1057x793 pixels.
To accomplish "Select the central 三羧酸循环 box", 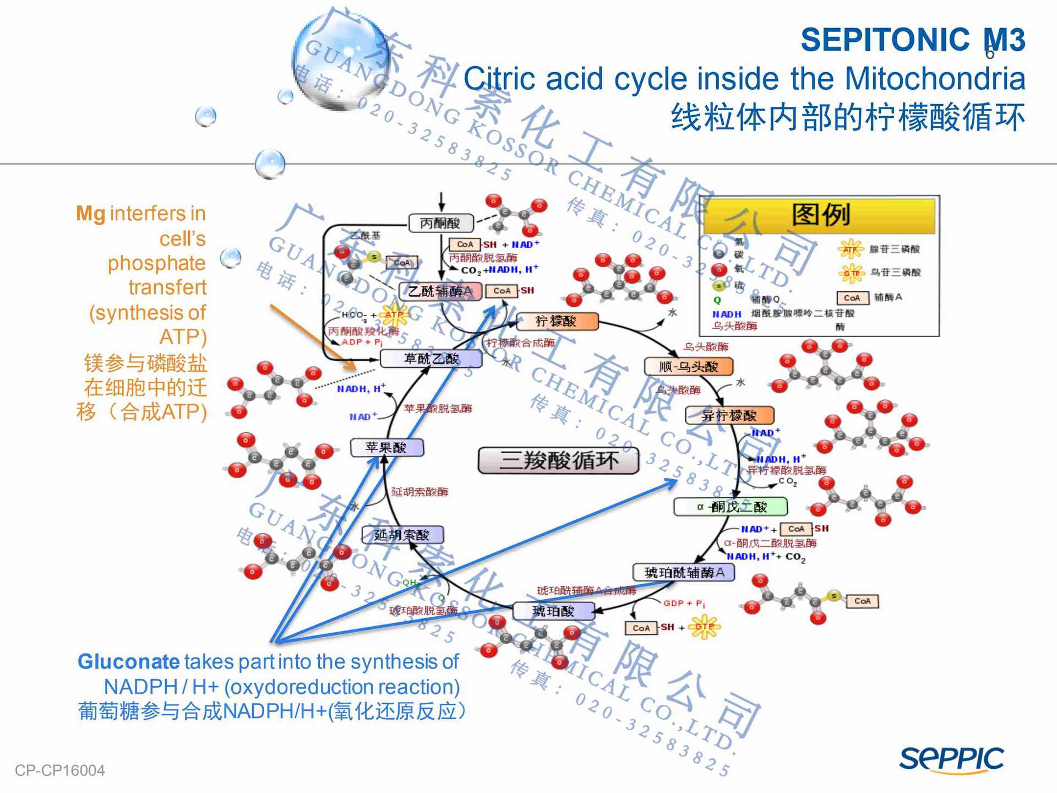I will (x=558, y=460).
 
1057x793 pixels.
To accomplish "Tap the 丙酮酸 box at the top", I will (x=440, y=223).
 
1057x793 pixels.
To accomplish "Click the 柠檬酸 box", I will (x=557, y=321).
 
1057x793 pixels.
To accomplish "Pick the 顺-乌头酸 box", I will (x=688, y=366).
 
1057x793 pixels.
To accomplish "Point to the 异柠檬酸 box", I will (x=729, y=415).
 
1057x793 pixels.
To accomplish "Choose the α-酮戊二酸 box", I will (x=731, y=507).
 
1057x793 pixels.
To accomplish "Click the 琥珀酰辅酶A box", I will (x=684, y=573).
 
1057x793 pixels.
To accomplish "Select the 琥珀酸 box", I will (x=553, y=611).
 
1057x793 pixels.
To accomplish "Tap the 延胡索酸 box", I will (x=402, y=535).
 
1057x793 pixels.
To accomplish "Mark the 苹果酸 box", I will (x=387, y=448).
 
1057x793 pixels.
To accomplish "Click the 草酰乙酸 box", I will (x=431, y=359).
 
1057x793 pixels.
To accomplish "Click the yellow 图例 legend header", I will (x=819, y=215).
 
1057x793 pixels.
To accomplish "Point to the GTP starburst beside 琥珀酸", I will (x=704, y=627).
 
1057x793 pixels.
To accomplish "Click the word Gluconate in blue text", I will (x=128, y=661).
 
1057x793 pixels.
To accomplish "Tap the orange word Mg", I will (x=90, y=214).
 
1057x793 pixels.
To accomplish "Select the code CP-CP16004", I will (x=59, y=770).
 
